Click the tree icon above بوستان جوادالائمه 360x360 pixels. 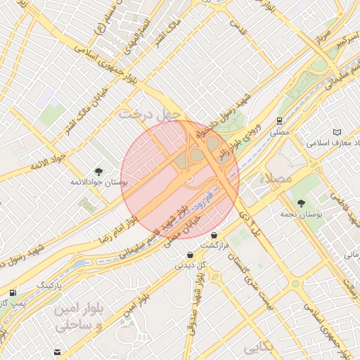pyautogui.click(x=98, y=171)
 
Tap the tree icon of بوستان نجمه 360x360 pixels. pyautogui.click(x=301, y=202)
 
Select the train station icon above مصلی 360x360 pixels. pyautogui.click(x=280, y=121)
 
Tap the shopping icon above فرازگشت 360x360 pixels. pyautogui.click(x=214, y=235)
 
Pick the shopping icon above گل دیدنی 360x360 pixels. pyautogui.click(x=190, y=255)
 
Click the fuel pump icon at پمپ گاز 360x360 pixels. pyautogui.click(x=13, y=292)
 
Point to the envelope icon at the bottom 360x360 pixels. pyautogui.click(x=57, y=352)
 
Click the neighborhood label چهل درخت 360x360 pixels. pyautogui.click(x=150, y=113)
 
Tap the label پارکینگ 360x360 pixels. pyautogui.click(x=49, y=286)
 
